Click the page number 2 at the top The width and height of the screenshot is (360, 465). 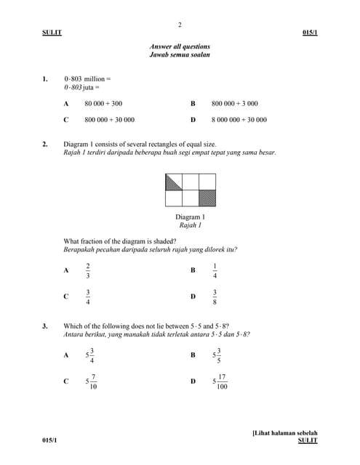coord(180,25)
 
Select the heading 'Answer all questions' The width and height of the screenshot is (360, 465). coord(180,46)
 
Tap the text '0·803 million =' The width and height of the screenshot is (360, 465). coord(87,78)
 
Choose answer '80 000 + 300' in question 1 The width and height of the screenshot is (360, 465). coord(103,104)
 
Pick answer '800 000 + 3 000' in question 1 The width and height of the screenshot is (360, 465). coord(234,104)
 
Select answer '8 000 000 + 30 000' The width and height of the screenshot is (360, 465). coord(239,120)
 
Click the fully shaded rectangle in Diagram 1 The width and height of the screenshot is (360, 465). coord(207,198)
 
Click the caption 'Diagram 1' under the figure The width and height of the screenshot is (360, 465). coord(190,217)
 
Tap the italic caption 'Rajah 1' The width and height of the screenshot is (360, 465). coord(190,225)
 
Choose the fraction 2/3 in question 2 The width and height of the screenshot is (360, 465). coord(88,270)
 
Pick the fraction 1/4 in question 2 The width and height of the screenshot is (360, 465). coord(215,270)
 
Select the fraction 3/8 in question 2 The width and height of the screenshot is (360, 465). coord(215,296)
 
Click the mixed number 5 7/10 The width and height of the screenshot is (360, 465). coord(91,381)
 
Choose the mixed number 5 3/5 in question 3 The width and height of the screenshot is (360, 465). coord(216,355)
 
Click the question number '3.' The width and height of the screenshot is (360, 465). coord(45,326)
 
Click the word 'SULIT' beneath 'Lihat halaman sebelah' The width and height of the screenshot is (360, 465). coord(308,441)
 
